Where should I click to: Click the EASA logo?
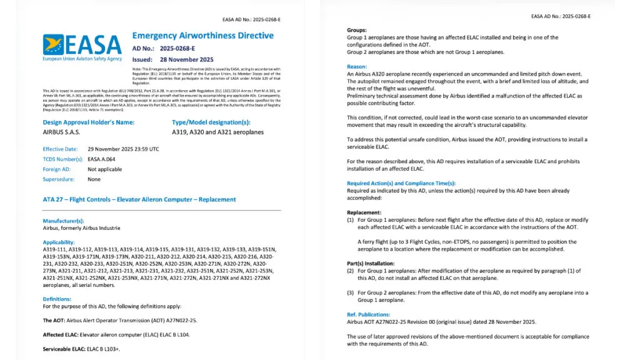coord(82,47)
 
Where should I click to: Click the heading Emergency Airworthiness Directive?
coord(202,36)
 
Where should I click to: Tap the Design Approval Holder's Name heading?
coord(88,122)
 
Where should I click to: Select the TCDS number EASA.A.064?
coord(101,159)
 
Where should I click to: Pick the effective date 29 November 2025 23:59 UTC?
coord(123,149)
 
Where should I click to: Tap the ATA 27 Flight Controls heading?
coord(139,199)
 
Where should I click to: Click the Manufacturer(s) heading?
coord(63,221)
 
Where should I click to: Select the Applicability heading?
coord(58,242)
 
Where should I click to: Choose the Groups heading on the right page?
coord(357,30)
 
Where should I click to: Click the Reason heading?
coord(357,66)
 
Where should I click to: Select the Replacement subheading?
coord(364,212)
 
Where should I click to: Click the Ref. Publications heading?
coord(368,314)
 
